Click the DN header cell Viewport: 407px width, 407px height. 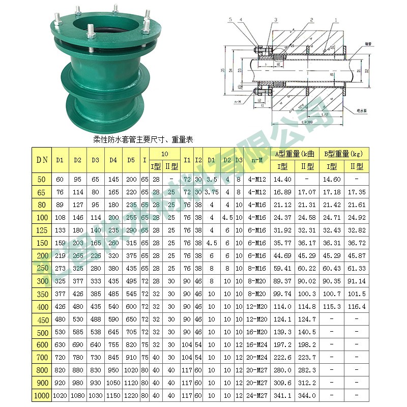[42, 159]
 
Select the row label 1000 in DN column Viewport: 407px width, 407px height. [42, 395]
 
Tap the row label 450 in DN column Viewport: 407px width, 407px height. [42, 319]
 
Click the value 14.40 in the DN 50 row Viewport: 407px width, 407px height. [282, 179]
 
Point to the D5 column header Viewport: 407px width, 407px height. [131, 159]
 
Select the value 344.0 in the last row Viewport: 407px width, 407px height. [306, 395]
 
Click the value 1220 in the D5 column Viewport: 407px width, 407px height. [131, 395]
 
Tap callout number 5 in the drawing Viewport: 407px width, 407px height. [230, 19]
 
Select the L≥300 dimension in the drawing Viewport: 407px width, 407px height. [307, 122]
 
